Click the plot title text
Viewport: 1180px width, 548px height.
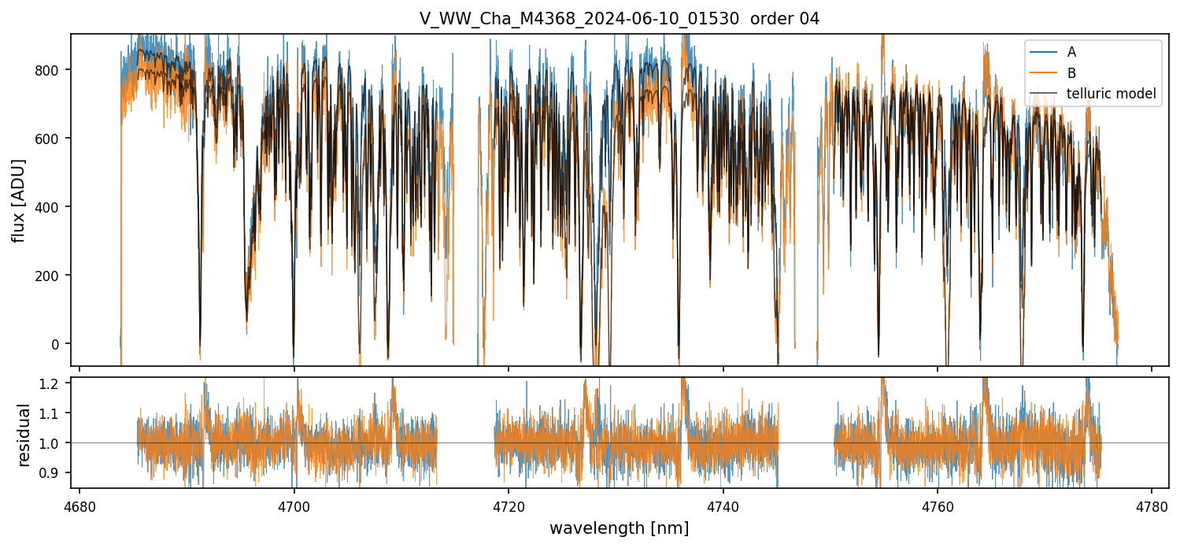(620, 19)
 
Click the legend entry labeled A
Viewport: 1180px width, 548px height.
(1071, 53)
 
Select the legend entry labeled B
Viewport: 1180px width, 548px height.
(1071, 73)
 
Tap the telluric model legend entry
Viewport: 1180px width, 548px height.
(1111, 94)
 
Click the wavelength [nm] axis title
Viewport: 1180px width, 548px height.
(620, 528)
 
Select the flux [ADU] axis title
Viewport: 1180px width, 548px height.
(18, 200)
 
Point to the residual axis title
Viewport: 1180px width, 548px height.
(24, 435)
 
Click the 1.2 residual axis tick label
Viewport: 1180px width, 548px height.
(52, 383)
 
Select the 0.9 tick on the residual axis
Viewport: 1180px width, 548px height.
(52, 472)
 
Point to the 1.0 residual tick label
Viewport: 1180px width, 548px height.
(52, 443)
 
